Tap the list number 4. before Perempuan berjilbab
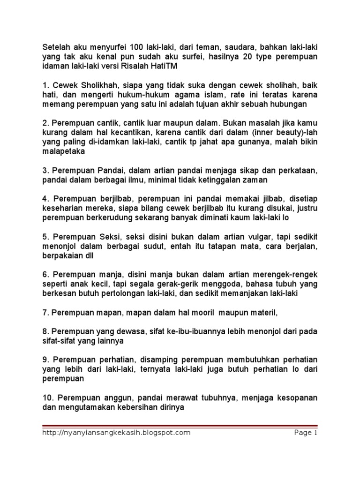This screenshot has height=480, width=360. tap(45, 200)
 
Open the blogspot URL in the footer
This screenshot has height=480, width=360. tap(116, 433)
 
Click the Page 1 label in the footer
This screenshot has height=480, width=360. tap(306, 433)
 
